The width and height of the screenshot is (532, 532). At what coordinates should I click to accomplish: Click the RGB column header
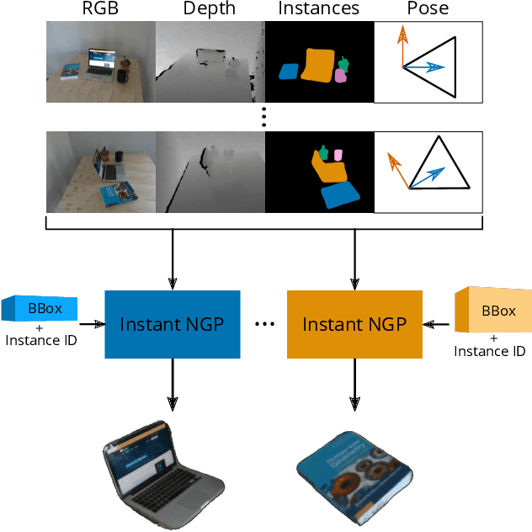tap(100, 9)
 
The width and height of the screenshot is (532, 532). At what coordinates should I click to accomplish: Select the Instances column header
tap(319, 9)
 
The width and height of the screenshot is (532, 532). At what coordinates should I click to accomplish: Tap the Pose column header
tap(428, 9)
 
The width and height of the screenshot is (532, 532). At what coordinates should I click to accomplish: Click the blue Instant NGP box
tap(172, 324)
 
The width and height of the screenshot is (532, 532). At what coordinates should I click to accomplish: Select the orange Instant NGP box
tap(354, 324)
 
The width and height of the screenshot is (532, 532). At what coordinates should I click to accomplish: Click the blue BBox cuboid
tap(40, 309)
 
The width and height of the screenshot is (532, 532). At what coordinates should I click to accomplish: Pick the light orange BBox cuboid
tap(493, 311)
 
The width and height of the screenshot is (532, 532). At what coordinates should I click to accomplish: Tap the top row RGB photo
tap(100, 61)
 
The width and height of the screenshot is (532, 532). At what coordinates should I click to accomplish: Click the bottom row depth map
tap(210, 172)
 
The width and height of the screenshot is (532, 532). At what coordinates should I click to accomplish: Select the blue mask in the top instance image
tap(290, 72)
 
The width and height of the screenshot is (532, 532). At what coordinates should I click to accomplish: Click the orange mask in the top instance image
tap(318, 65)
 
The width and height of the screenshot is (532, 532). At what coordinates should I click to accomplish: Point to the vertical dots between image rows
tap(264, 117)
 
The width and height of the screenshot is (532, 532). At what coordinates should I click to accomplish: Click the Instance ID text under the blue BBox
tap(40, 340)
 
